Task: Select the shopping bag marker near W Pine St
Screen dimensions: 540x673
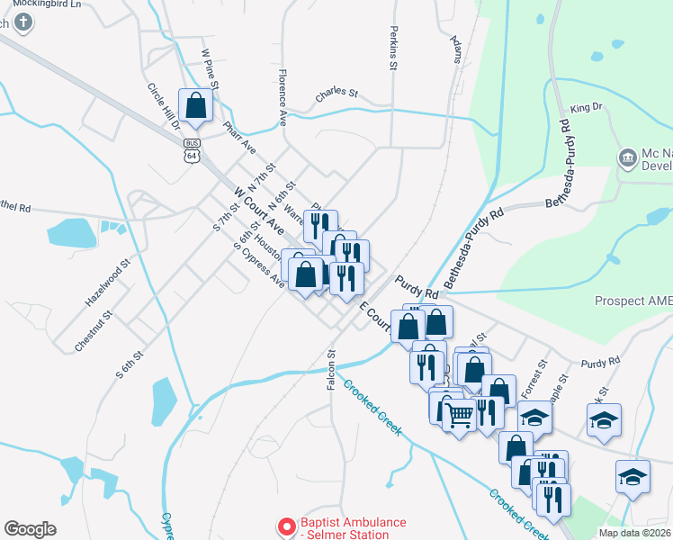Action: (x=196, y=106)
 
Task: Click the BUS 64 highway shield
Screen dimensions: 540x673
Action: (x=191, y=149)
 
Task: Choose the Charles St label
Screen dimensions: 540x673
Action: (x=336, y=94)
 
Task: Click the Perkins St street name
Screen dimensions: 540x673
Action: (x=393, y=48)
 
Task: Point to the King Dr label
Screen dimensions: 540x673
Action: (x=586, y=108)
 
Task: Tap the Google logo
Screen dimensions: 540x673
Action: (x=30, y=529)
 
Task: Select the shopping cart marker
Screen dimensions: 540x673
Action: (x=459, y=415)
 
